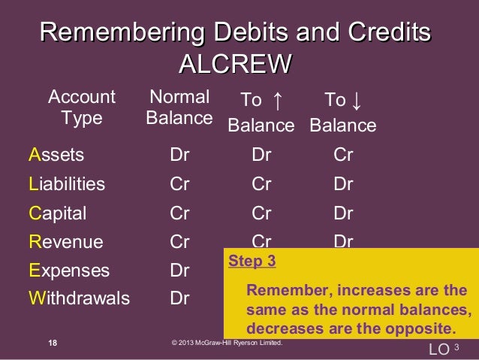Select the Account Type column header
tap(82, 107)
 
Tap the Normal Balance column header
tap(179, 107)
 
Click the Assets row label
tap(56, 156)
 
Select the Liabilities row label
tap(67, 184)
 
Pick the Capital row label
tap(57, 213)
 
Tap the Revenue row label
tap(66, 242)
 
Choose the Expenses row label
tap(69, 271)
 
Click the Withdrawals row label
tap(79, 298)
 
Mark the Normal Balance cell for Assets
tap(179, 156)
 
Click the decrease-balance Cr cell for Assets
tap(343, 156)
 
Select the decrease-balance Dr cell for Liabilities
tap(343, 184)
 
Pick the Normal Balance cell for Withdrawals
tap(179, 298)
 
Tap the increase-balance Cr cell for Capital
tap(261, 213)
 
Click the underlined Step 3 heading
tap(252, 262)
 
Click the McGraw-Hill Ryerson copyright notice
tap(227, 343)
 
